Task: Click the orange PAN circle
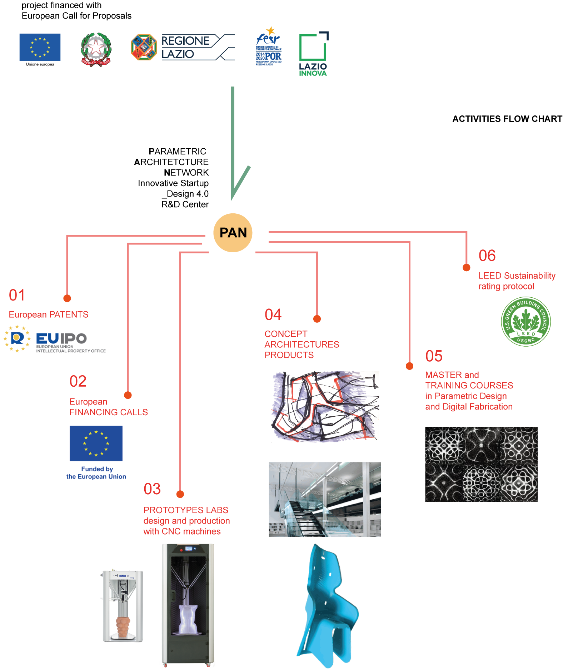pos(233,233)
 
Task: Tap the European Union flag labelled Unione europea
pos(40,48)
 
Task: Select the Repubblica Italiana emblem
pos(96,49)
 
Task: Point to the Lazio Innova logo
pos(313,54)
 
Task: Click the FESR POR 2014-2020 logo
pos(269,46)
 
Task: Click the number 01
pos(17,295)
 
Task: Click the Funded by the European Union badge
pos(96,452)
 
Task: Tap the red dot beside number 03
pos(180,494)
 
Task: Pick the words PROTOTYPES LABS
pos(186,510)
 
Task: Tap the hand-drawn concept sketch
pos(325,407)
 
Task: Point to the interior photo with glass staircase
pos(325,499)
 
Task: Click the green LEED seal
pos(525,321)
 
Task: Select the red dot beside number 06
pos(466,267)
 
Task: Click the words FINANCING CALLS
pos(109,412)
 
